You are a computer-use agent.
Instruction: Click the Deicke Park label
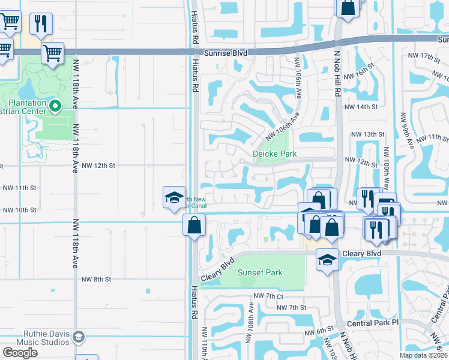tap(275, 154)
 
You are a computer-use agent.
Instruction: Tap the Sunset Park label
tap(260, 272)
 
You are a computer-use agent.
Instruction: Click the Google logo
tap(20, 353)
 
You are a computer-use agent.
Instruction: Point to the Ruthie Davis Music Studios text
tap(38, 338)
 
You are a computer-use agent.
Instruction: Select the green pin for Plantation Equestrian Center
tap(55, 107)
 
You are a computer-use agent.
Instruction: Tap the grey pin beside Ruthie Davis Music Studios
tap(78, 338)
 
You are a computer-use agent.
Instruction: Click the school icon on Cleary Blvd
tap(327, 260)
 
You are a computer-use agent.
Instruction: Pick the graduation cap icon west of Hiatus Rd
tap(173, 197)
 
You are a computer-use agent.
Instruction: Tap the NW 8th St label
tap(97, 280)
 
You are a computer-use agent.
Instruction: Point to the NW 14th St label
tap(364, 106)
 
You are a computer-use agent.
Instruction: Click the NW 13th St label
tap(367, 134)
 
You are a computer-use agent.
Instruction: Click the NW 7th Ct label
tap(268, 296)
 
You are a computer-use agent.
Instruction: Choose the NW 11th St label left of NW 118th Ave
tap(19, 188)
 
